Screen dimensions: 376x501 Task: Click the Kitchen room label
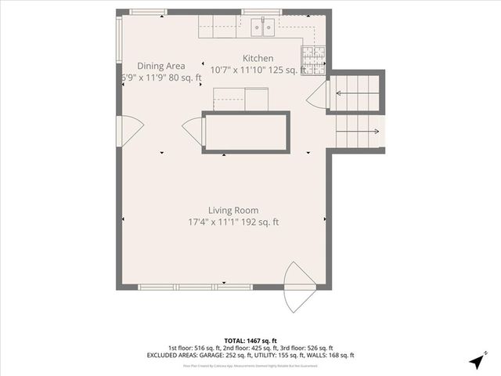[258, 59]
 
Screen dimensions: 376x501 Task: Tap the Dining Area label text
[161, 66]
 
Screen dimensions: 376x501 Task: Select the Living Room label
[233, 210]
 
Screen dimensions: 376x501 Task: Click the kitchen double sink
[263, 28]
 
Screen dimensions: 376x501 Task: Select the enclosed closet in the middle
[246, 132]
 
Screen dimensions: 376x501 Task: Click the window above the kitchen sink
[261, 12]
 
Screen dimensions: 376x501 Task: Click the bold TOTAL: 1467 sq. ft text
[250, 341]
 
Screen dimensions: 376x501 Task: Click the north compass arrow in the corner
[474, 361]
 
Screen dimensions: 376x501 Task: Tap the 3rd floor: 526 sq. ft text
[307, 348]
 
